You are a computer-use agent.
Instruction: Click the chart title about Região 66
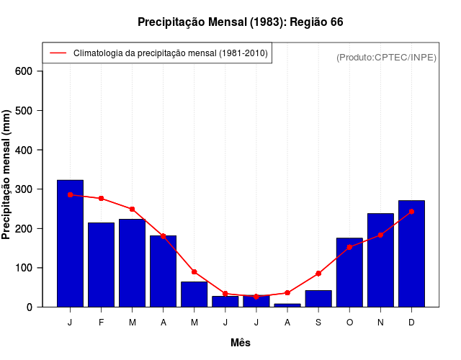click(x=240, y=22)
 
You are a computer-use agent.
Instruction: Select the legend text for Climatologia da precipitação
click(x=170, y=53)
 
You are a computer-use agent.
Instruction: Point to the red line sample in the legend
click(x=58, y=53)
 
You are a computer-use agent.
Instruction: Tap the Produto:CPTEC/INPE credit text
click(x=386, y=57)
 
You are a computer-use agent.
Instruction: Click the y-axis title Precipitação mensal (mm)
click(x=7, y=174)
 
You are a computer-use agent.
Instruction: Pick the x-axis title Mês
click(x=241, y=343)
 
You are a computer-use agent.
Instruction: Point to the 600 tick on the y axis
click(x=24, y=71)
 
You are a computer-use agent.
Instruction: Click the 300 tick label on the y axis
click(x=24, y=189)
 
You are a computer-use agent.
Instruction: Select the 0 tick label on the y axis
click(x=30, y=307)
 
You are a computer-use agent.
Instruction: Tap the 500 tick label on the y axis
click(x=24, y=111)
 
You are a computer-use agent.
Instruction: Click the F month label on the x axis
click(x=102, y=323)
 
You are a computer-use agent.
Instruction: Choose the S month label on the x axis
click(x=318, y=323)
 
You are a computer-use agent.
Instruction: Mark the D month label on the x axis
click(x=411, y=323)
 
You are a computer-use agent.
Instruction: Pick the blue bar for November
click(x=380, y=260)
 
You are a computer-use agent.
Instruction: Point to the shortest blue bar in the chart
click(x=287, y=305)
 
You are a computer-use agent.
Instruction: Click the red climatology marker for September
click(x=318, y=274)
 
